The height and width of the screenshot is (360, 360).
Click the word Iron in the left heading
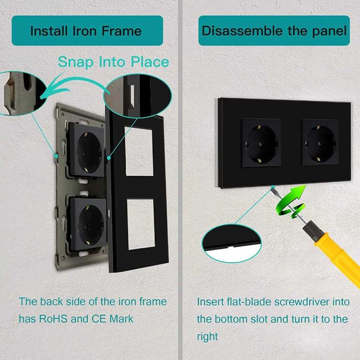coord(85,31)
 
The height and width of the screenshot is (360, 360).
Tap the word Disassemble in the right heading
coord(242,31)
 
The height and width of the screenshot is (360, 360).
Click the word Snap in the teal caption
coord(76,62)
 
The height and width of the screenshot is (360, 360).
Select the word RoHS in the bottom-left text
coord(53,319)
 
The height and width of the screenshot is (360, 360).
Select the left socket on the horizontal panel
coord(261,142)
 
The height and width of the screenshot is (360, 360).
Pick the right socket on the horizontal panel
coord(320,142)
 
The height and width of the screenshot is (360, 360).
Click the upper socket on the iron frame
coord(86,150)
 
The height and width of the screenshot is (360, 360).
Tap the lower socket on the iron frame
coord(88,224)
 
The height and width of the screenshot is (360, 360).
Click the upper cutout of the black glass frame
coord(139,151)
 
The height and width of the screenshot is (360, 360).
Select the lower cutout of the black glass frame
coord(141,224)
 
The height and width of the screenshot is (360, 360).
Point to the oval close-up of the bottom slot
coord(231,243)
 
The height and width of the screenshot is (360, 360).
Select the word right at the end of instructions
coord(207,337)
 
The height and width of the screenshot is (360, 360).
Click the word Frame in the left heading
coord(121,31)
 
